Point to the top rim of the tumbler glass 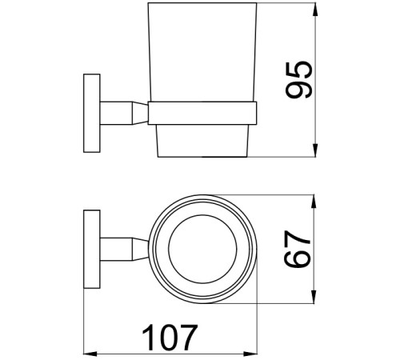click(204, 6)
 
